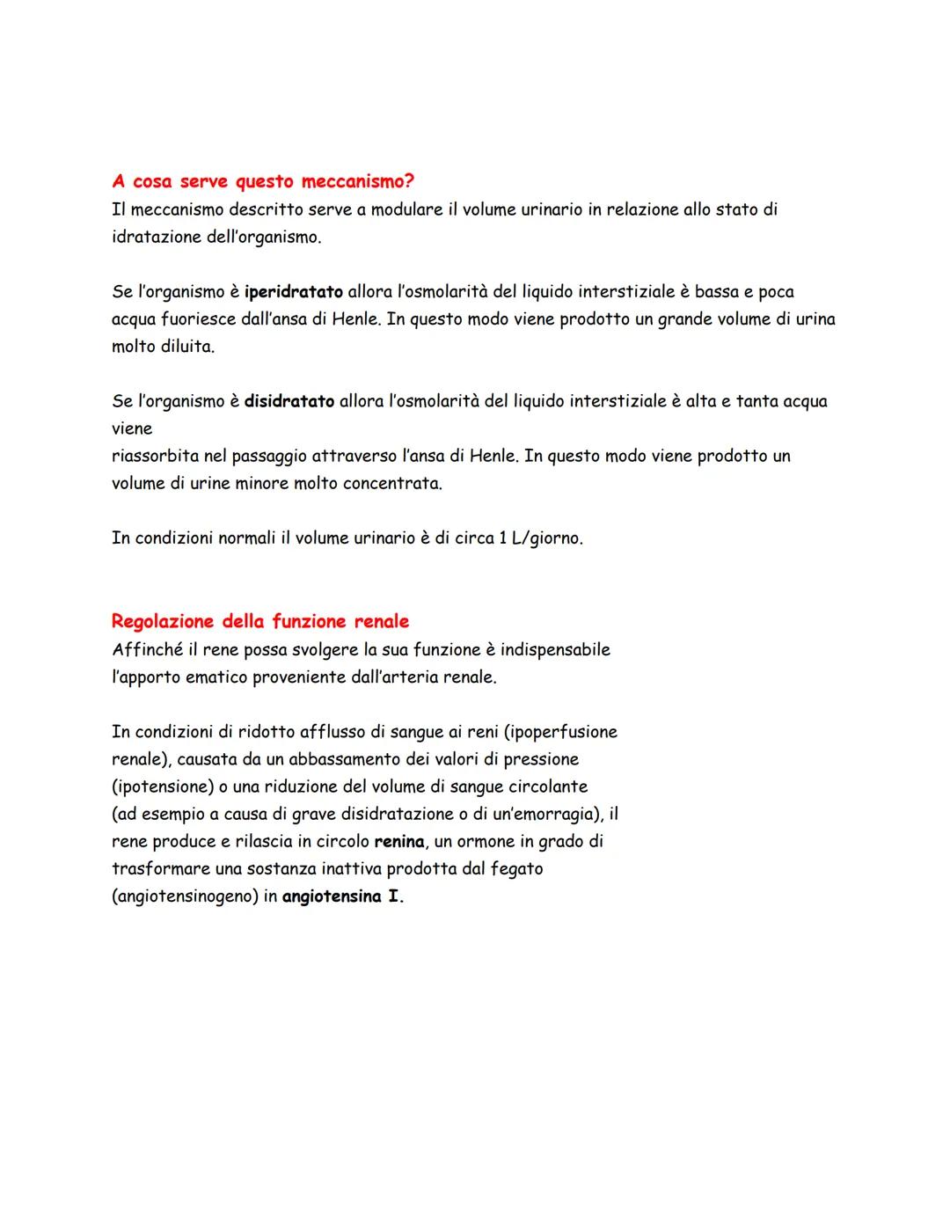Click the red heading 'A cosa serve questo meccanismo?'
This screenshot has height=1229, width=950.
263,182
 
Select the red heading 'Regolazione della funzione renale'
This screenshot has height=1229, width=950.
260,622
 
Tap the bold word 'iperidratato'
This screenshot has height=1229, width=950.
294,292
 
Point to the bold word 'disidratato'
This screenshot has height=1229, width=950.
289,402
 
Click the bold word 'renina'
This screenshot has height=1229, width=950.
399,842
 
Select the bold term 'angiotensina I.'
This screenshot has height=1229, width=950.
343,897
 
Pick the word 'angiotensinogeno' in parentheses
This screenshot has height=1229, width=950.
185,897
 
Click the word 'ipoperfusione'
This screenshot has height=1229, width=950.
564,732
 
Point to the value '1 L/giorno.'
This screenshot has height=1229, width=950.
541,538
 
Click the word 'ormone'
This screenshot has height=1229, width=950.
487,842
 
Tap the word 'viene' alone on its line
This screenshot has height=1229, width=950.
132,429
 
